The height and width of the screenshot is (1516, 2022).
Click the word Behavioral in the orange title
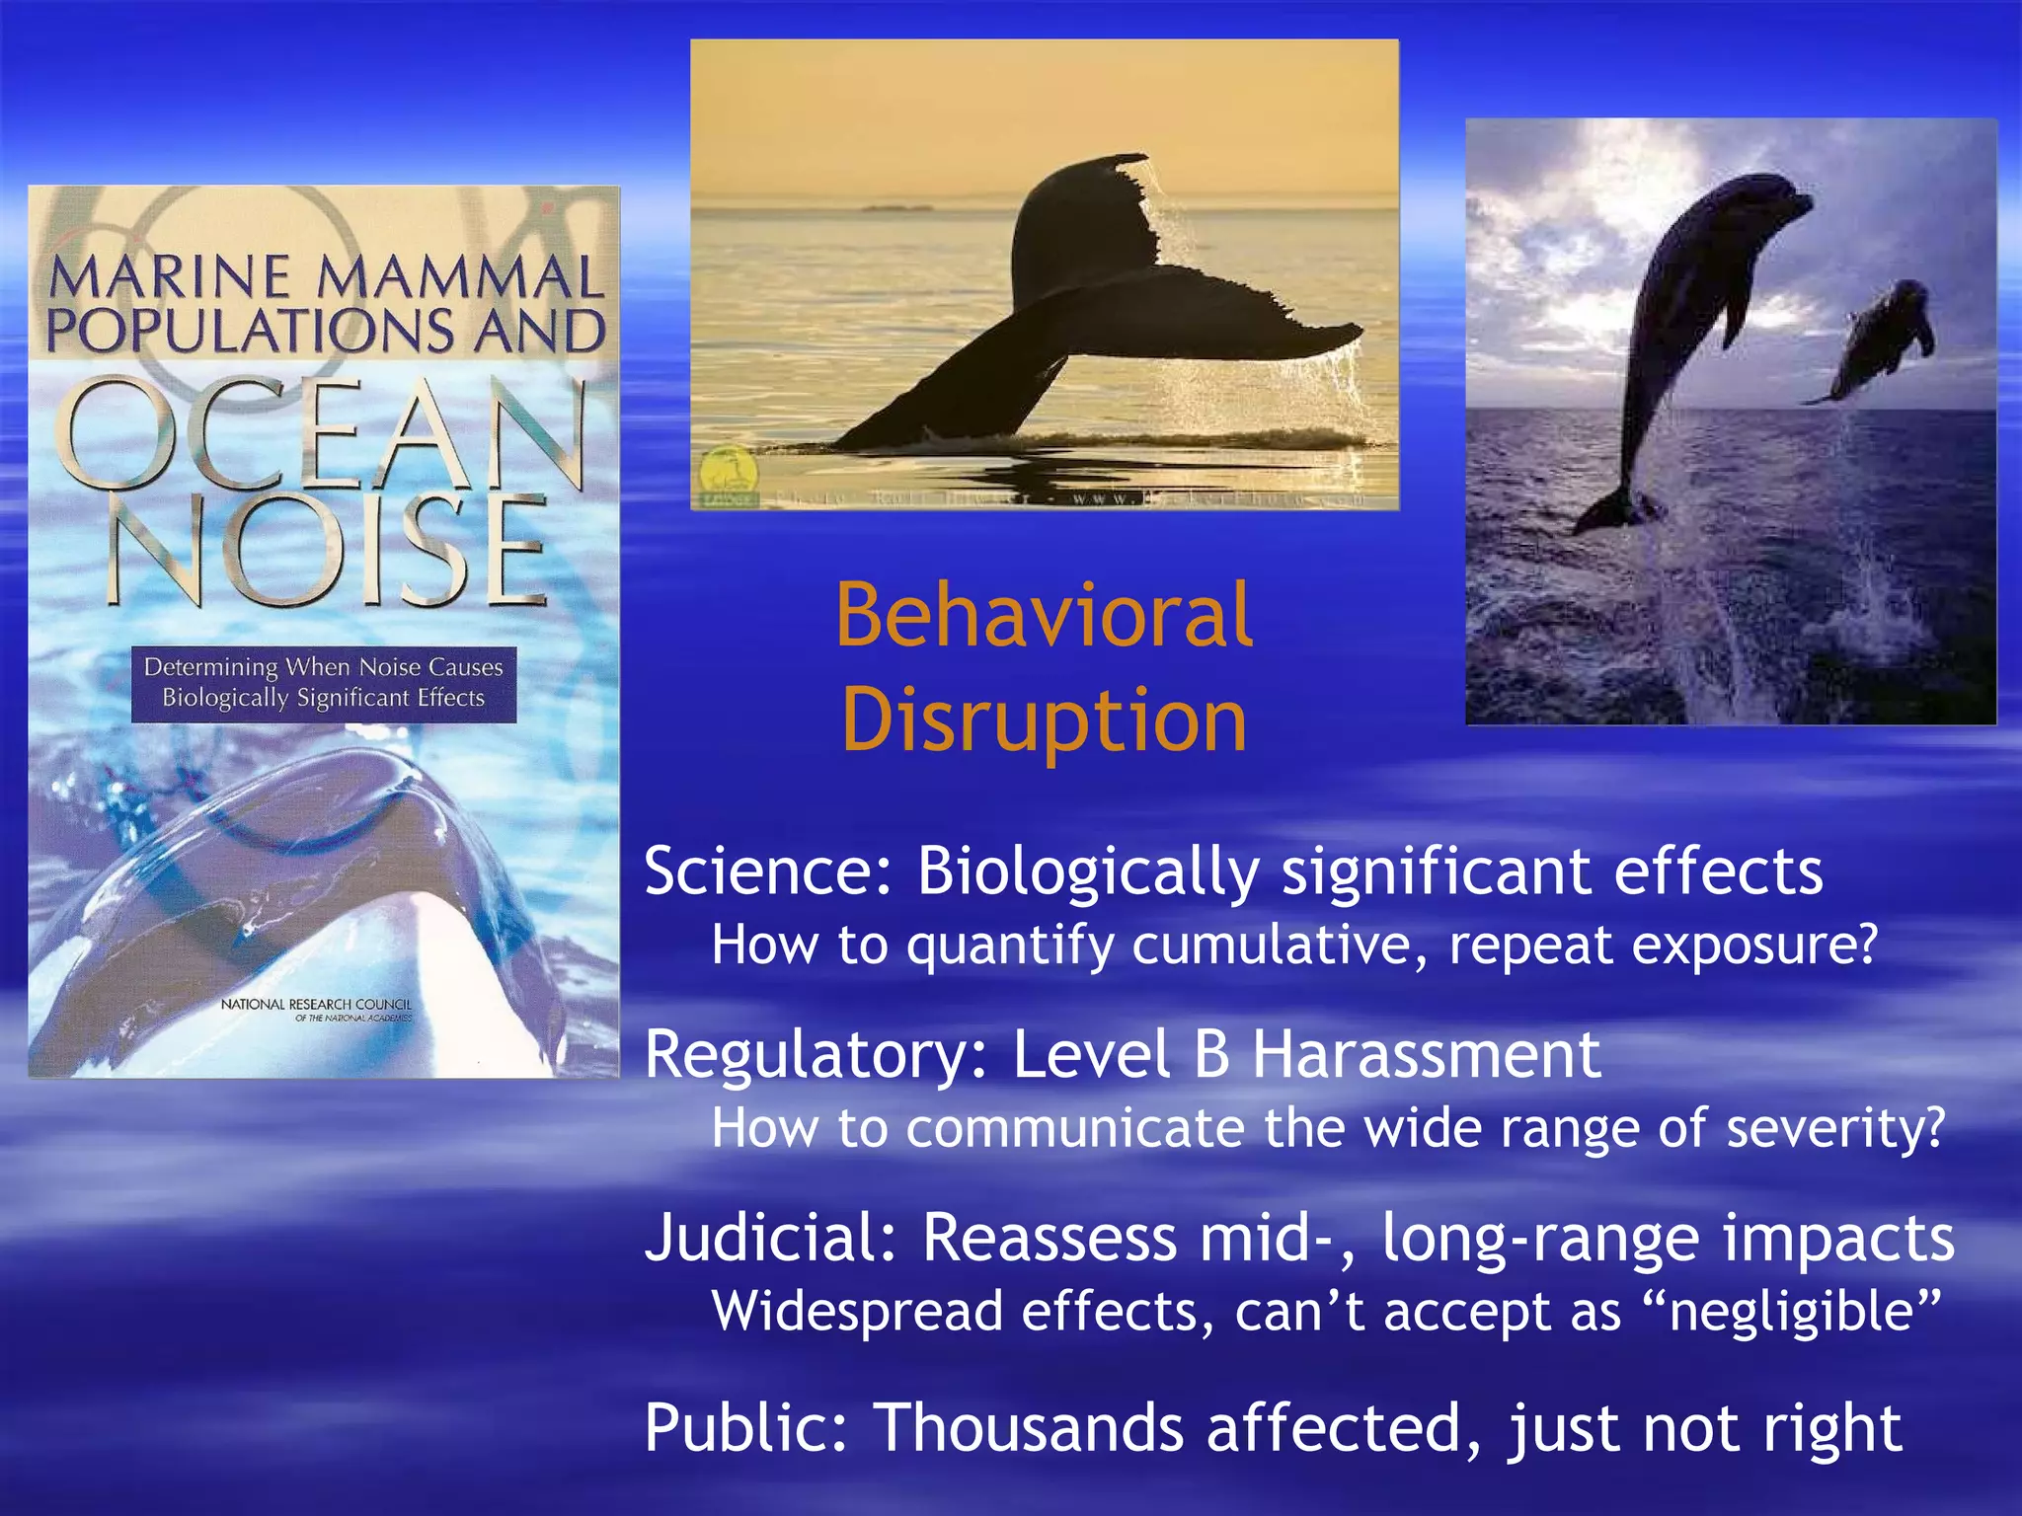(1044, 616)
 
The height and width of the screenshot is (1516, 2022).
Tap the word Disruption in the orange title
(1044, 720)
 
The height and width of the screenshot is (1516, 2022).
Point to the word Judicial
(771, 1238)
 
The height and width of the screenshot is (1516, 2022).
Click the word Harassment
(1426, 1055)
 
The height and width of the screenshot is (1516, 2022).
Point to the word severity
(1834, 1128)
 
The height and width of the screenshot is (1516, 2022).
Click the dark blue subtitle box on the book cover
(324, 683)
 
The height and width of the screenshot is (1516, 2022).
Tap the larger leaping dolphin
(1698, 326)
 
